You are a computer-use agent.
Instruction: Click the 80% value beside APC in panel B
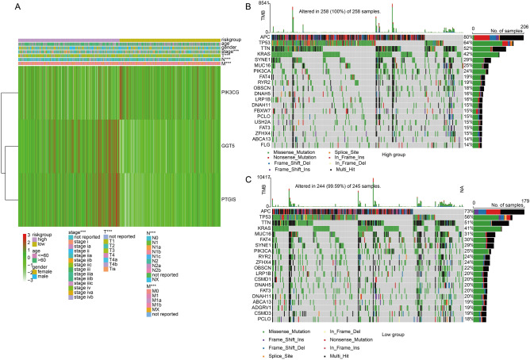click(469, 37)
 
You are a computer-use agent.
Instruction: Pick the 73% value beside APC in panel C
click(469, 213)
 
